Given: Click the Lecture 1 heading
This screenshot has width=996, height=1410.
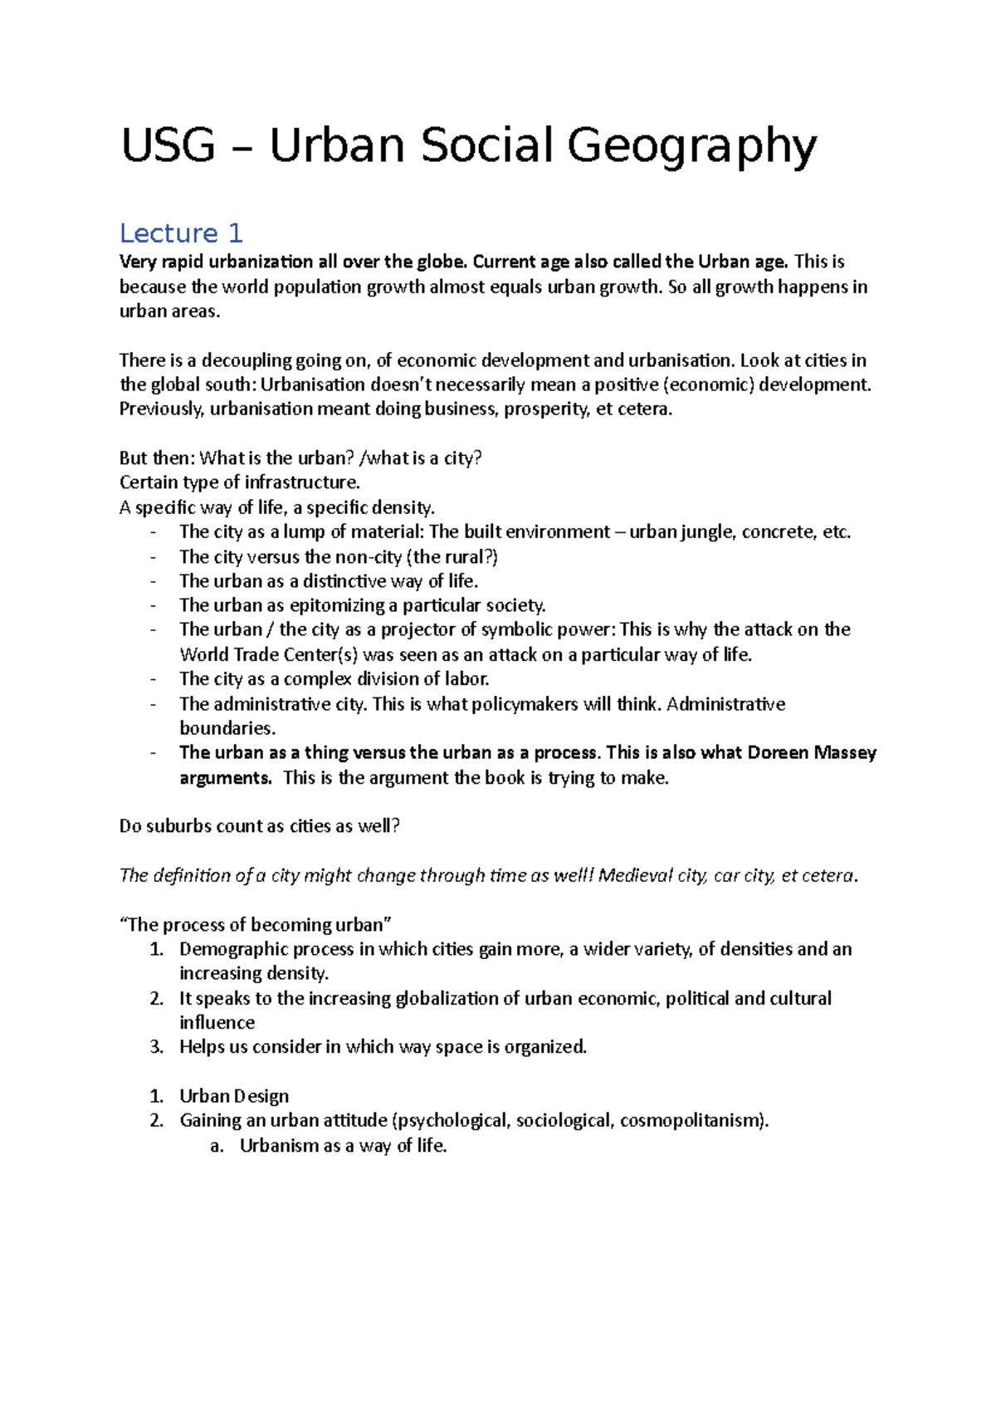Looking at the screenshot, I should [x=181, y=233].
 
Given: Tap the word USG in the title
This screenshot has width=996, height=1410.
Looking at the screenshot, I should [x=168, y=146].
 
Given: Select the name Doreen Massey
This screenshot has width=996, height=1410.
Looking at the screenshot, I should [x=812, y=752].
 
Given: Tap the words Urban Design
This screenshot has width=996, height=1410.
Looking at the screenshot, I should [x=234, y=1096].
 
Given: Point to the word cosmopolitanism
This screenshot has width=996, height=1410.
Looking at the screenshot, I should [x=694, y=1121].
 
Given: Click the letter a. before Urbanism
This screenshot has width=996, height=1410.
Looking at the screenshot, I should [x=217, y=1146].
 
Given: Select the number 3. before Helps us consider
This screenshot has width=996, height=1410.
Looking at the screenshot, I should [x=157, y=1047].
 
